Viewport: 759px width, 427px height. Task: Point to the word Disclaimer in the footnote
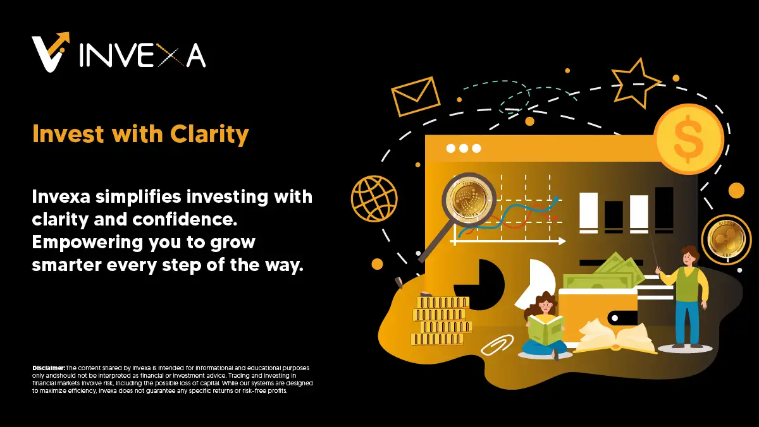coord(49,368)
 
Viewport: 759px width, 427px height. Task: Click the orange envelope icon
coord(416,95)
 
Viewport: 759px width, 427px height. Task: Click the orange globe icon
coord(374,198)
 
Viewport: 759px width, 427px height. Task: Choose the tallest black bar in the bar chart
coord(664,210)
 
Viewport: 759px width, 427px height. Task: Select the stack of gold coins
coord(441,321)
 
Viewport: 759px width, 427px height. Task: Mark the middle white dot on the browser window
coord(464,148)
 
